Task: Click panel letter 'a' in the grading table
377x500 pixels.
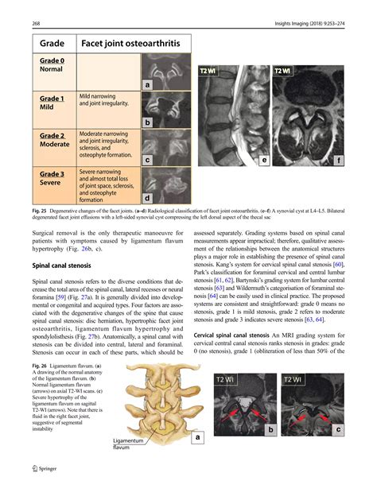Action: (x=148, y=85)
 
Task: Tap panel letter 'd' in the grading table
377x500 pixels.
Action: (x=148, y=198)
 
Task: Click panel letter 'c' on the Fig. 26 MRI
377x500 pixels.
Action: (x=338, y=430)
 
